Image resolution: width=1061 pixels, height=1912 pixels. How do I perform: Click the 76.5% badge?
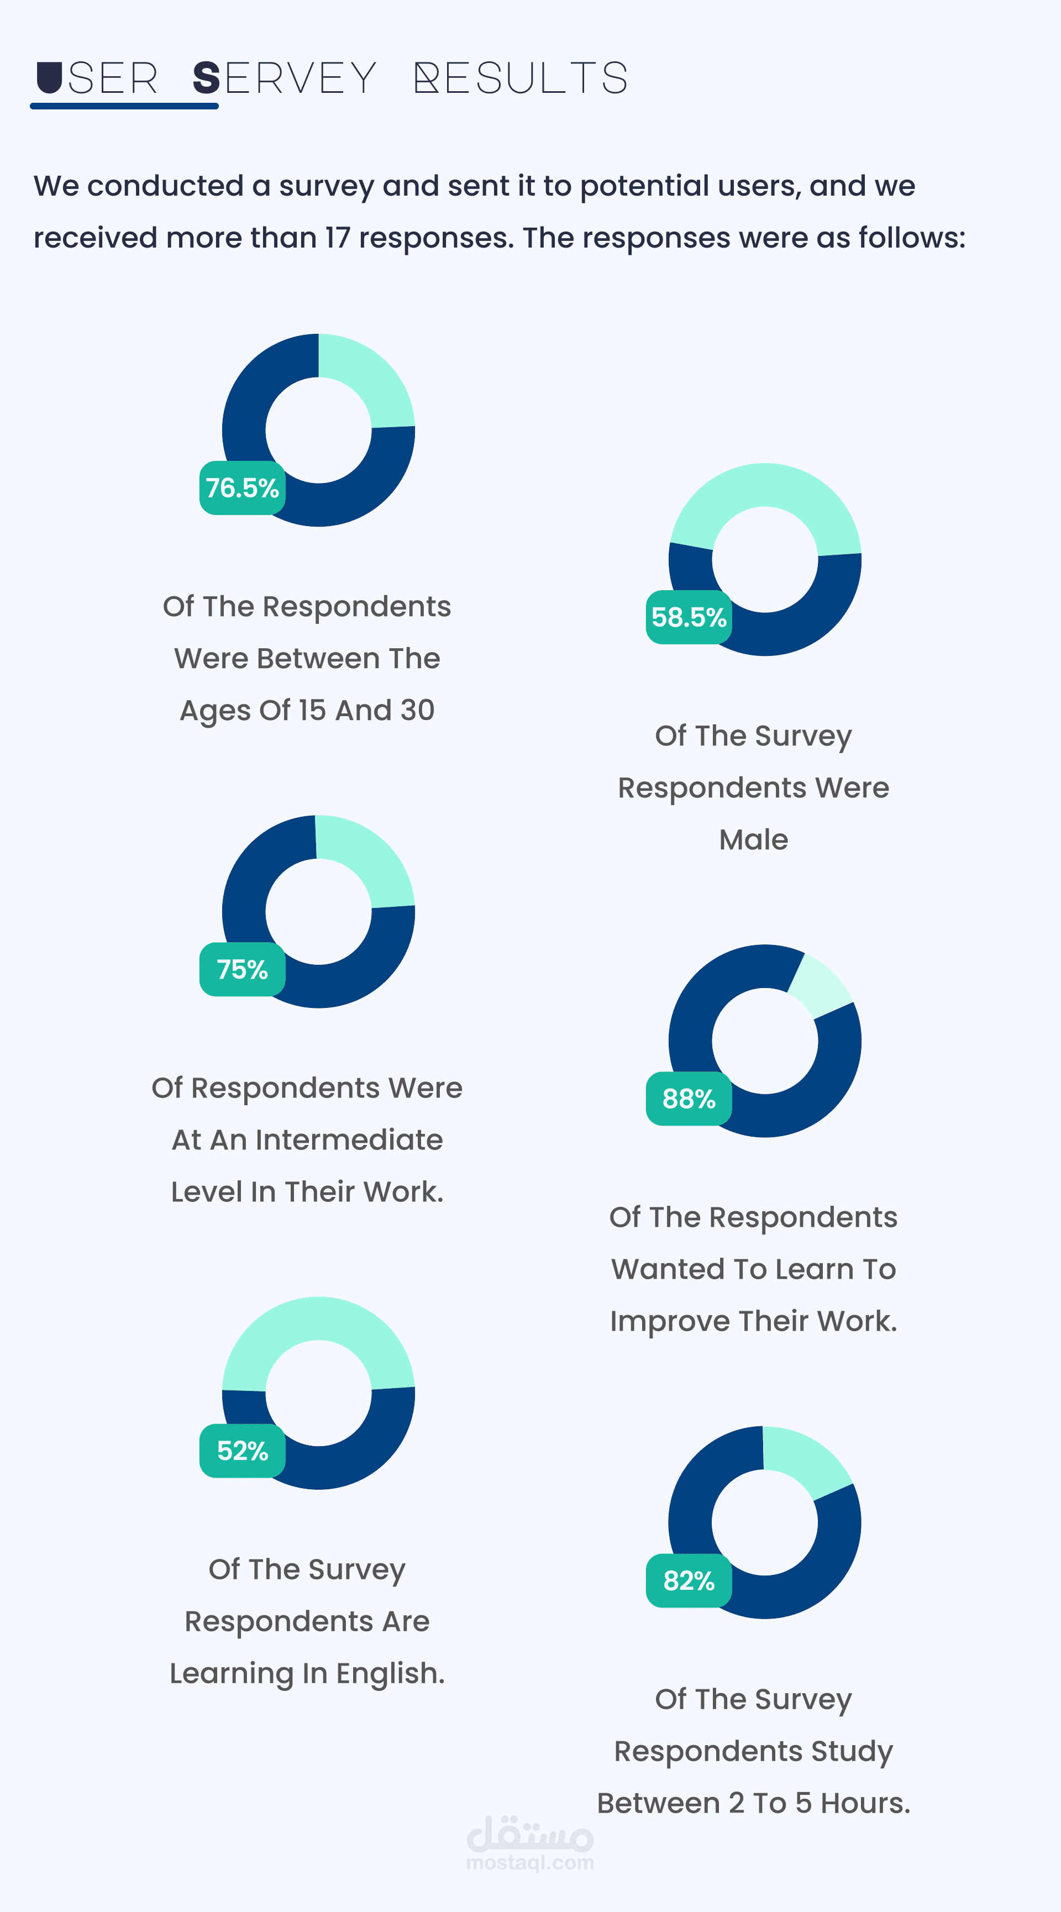[242, 487]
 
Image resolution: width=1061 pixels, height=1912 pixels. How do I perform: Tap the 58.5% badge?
[689, 617]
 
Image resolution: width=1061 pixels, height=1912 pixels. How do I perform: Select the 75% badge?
[242, 969]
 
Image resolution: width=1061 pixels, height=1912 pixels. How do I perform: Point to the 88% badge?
[689, 1099]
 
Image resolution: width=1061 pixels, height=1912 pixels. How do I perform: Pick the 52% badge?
[242, 1451]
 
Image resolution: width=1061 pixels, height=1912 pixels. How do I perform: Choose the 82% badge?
[689, 1580]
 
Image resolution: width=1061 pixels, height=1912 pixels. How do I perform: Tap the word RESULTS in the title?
[521, 78]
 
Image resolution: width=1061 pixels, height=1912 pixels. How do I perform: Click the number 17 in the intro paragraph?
[337, 238]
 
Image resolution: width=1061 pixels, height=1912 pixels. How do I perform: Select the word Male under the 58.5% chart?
[753, 839]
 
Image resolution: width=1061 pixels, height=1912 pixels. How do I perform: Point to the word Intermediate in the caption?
[349, 1140]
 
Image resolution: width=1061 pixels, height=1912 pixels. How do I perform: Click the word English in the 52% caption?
[389, 1674]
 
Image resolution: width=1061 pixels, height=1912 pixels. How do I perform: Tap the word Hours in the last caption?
[864, 1803]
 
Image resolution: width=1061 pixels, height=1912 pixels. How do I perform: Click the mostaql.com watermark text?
[530, 1862]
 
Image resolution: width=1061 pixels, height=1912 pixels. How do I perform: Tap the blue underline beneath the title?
[124, 106]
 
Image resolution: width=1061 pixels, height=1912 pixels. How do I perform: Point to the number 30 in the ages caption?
[417, 710]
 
